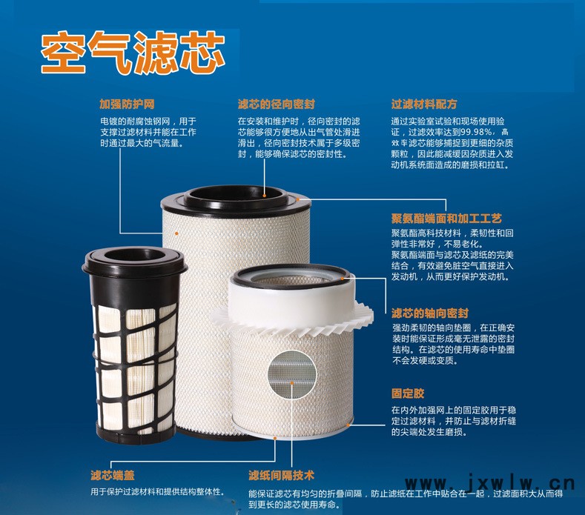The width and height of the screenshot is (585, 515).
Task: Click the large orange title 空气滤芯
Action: point(133,52)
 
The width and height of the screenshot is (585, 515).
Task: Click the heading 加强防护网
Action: point(127,104)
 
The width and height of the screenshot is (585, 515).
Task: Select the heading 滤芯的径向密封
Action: point(277,104)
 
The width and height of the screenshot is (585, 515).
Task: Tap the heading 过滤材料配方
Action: point(424,104)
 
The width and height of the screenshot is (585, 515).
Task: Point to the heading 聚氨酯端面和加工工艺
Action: point(446,218)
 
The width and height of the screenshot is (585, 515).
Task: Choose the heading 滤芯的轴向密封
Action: point(430,313)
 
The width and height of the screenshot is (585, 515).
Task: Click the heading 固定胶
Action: point(408,393)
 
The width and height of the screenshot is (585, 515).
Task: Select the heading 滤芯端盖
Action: point(112,475)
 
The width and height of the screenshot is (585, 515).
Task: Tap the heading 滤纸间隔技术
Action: point(281,475)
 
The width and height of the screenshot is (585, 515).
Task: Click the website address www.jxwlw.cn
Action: point(489,484)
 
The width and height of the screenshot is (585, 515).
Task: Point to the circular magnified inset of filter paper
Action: point(291,375)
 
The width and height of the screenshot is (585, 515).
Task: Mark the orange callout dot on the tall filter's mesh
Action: point(176,234)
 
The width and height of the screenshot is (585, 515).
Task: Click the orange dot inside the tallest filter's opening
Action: point(264,195)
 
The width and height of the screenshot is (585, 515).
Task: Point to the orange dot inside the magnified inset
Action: point(292,382)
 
